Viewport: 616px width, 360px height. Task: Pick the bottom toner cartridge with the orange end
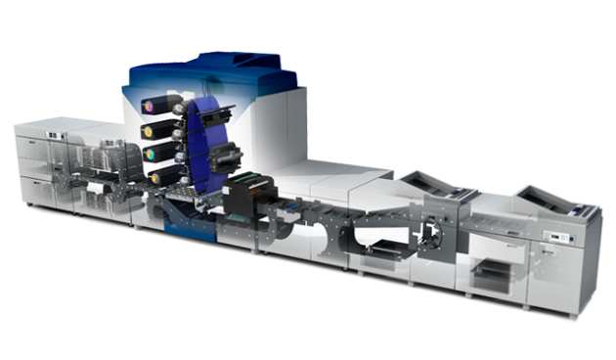pos(158,176)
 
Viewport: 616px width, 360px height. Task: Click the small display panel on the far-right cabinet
pos(558,238)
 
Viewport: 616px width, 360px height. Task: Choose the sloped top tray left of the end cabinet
pos(435,184)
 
